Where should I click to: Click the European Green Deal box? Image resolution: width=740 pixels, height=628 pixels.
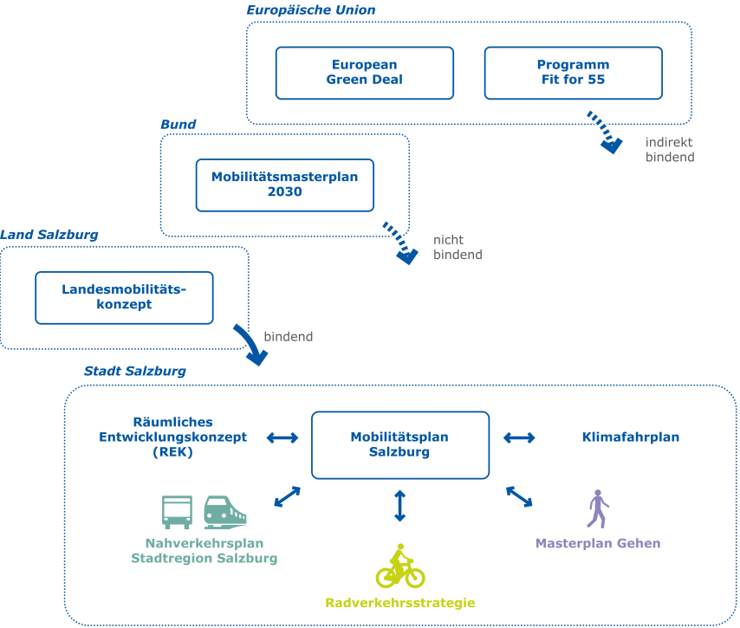(x=364, y=73)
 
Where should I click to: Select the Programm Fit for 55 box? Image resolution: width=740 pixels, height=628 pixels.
(x=573, y=73)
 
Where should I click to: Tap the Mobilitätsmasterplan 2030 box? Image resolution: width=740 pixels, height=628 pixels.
(x=284, y=185)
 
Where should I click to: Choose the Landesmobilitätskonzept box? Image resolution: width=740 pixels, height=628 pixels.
(x=124, y=297)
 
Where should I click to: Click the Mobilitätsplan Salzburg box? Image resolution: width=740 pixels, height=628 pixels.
(x=399, y=444)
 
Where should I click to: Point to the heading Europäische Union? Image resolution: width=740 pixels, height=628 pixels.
(x=311, y=10)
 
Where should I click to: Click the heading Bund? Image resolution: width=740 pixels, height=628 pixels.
(x=178, y=124)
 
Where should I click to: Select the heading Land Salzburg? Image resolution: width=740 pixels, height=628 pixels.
(x=49, y=235)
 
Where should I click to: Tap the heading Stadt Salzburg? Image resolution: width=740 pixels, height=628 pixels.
(x=134, y=371)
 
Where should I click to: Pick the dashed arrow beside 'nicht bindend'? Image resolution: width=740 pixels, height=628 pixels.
(x=399, y=243)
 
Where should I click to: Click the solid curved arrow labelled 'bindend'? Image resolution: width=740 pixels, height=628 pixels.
(x=250, y=345)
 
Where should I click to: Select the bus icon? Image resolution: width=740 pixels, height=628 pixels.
(x=178, y=512)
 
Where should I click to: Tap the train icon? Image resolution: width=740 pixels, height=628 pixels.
(x=224, y=512)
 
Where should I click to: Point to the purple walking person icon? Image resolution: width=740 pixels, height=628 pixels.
(x=598, y=508)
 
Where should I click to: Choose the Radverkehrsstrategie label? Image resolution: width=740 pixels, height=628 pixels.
(x=399, y=603)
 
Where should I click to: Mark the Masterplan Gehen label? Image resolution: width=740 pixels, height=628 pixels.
(x=598, y=544)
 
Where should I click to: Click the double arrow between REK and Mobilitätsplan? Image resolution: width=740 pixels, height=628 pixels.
(x=282, y=437)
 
